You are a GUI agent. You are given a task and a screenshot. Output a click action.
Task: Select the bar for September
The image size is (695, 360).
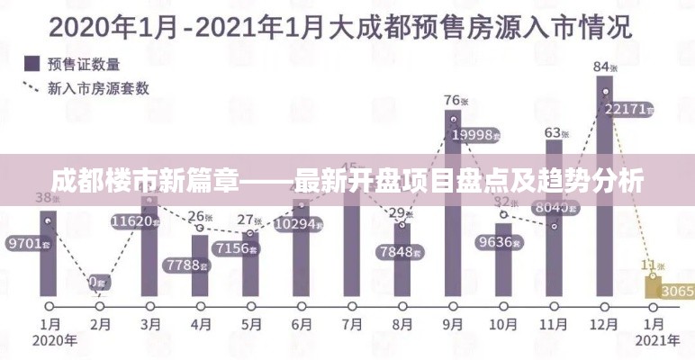(454, 234)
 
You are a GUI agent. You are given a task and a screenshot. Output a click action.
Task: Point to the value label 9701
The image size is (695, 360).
(26, 243)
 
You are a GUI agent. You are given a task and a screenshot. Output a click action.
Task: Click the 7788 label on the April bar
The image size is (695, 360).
(186, 265)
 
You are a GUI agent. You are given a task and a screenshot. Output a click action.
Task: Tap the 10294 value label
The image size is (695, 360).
(298, 224)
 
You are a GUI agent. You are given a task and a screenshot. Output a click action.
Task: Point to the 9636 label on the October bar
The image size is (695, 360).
(497, 242)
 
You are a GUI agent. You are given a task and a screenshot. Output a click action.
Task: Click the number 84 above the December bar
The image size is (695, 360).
(600, 66)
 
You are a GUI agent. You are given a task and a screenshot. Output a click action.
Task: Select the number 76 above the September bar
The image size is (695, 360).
(452, 100)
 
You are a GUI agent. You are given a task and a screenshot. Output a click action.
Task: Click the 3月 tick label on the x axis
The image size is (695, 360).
(151, 323)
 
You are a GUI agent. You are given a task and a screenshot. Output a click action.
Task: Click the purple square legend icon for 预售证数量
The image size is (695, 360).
(31, 64)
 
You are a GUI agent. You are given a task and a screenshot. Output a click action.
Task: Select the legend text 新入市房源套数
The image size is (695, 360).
(99, 88)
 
